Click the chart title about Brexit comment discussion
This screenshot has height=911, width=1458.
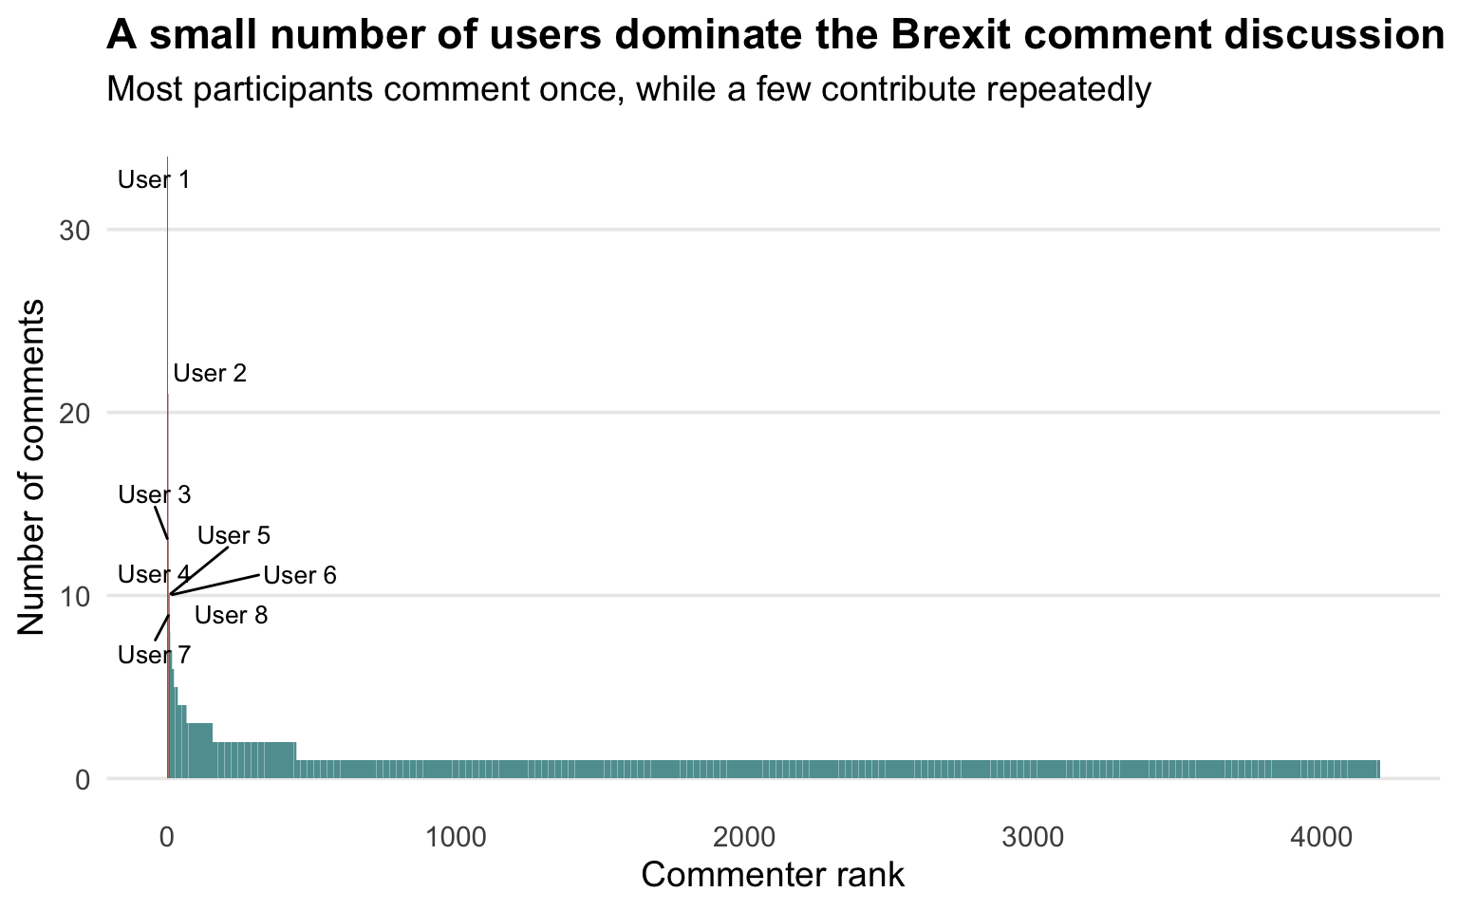tap(775, 35)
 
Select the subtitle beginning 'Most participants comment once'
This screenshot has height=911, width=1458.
tap(628, 89)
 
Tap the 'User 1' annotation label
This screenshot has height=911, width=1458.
tap(154, 179)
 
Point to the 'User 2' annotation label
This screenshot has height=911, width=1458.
tap(210, 373)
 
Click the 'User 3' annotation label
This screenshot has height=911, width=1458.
tap(155, 494)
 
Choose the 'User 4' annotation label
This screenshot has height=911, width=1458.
tap(154, 574)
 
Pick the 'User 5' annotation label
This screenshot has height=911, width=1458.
tap(234, 535)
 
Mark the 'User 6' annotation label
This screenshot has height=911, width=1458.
tap(300, 575)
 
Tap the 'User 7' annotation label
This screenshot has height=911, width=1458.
tap(155, 655)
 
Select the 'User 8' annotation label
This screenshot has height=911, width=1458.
tap(231, 615)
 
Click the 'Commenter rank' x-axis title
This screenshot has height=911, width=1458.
tap(773, 875)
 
